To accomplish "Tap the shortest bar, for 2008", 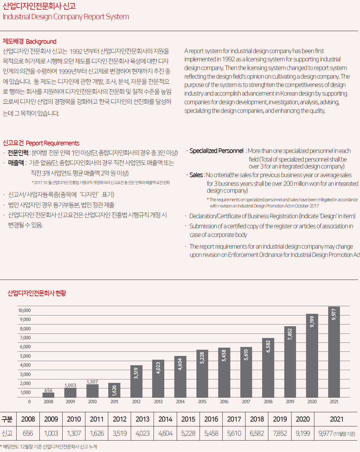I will pyautogui.click(x=48, y=395).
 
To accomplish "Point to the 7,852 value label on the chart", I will pyautogui.click(x=290, y=334).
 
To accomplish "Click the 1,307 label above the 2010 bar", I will pyautogui.click(x=92, y=382).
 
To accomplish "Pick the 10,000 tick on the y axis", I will pyautogui.click(x=25, y=310).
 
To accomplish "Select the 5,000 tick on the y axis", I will pyautogui.click(x=25, y=356).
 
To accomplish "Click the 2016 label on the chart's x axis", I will pyautogui.click(x=224, y=402).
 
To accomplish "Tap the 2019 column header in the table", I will pyautogui.click(x=280, y=419).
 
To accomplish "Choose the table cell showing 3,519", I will pyautogui.click(x=120, y=433).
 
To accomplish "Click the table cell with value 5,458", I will pyautogui.click(x=211, y=433).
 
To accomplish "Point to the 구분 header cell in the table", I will pyautogui.click(x=7, y=419).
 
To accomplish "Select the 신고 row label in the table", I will pyautogui.click(x=7, y=433).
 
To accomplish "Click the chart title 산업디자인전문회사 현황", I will pyautogui.click(x=37, y=293).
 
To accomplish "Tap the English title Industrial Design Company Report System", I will pyautogui.click(x=66, y=17).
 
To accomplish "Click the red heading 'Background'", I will pyautogui.click(x=41, y=41).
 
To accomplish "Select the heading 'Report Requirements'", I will pyautogui.click(x=52, y=143).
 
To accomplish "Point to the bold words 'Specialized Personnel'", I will pyautogui.click(x=216, y=151).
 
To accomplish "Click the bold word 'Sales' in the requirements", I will pyautogui.click(x=196, y=175).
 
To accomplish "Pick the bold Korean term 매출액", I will pyautogui.click(x=16, y=163).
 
